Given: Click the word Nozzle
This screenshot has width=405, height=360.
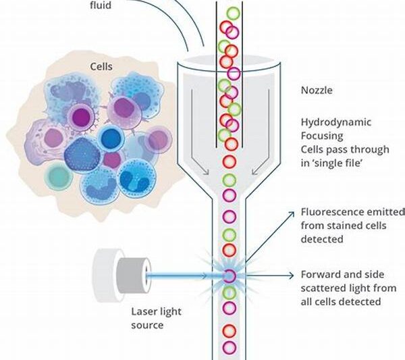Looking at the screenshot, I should click(317, 89).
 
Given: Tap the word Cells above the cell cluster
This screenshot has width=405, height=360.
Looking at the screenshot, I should click(102, 67).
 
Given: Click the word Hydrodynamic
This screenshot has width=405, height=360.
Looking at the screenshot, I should click(331, 122).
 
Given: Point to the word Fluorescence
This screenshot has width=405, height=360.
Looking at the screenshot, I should click(331, 212).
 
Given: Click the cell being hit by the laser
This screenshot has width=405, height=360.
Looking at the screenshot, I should click(230, 275).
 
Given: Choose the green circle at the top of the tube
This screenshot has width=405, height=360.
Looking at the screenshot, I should click(234, 14).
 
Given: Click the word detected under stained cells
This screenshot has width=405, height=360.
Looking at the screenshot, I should click(321, 238).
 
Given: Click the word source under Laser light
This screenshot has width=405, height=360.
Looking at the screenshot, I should click(147, 325).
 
